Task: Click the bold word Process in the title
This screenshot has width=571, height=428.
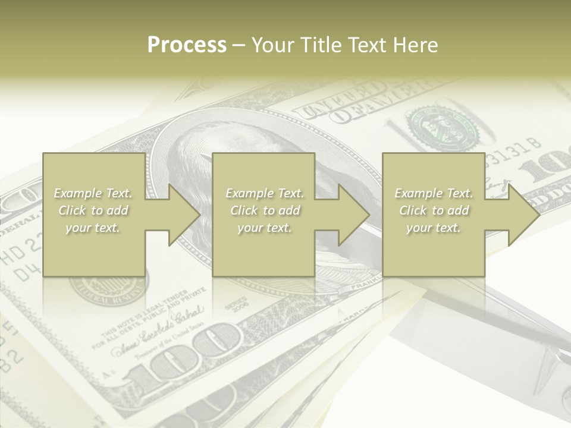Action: (187, 45)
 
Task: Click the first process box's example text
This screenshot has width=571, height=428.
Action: (93, 210)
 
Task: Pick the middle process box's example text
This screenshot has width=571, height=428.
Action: (265, 210)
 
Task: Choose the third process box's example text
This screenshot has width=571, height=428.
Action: (434, 210)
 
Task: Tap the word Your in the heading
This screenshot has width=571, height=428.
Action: (272, 45)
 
